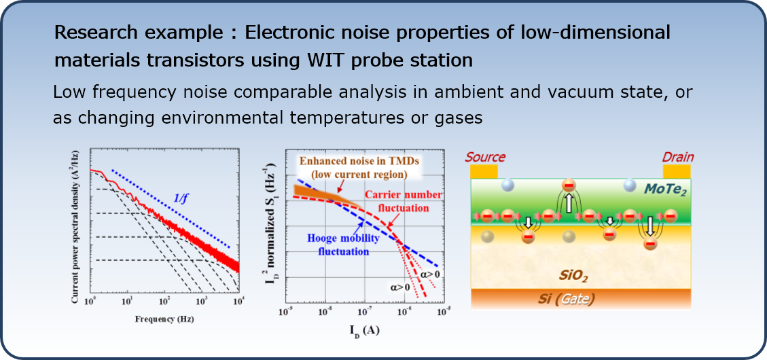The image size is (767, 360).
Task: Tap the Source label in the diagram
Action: click(x=485, y=157)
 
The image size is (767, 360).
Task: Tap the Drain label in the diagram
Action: click(x=678, y=157)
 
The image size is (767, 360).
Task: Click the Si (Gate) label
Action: click(x=571, y=298)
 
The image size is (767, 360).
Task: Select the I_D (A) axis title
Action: click(x=364, y=330)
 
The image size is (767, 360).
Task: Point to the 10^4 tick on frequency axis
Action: click(x=238, y=300)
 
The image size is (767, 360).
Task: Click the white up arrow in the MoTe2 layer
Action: click(x=569, y=204)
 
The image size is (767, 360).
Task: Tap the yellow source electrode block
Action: click(x=484, y=172)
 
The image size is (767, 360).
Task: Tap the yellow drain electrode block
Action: click(x=677, y=172)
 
